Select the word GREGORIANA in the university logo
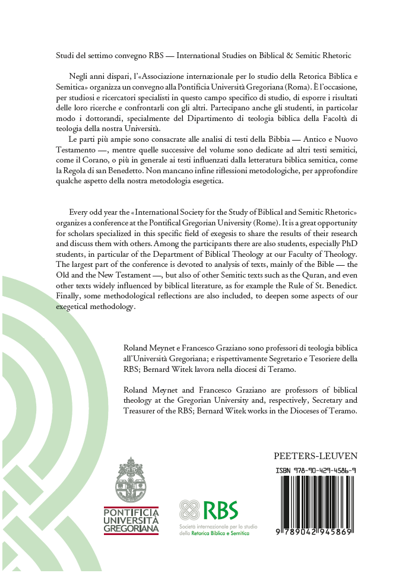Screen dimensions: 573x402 [131, 528]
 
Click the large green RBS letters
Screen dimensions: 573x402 [220, 511]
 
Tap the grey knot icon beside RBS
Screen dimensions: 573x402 [189, 511]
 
